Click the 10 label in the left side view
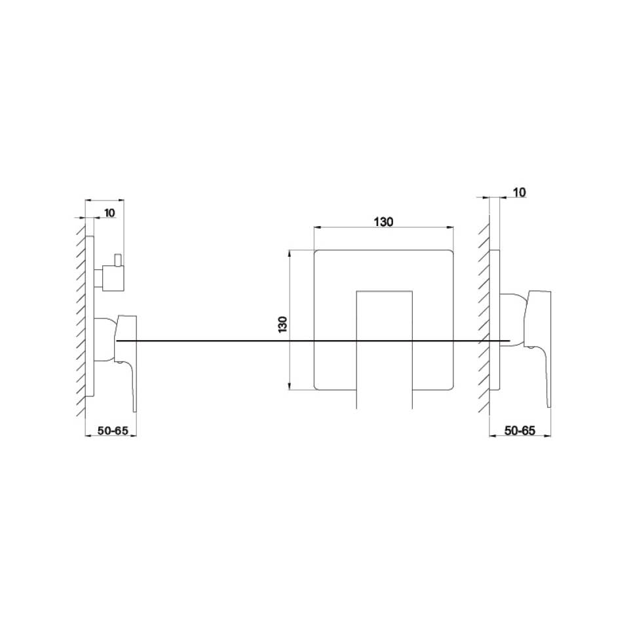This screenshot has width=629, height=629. [x=109, y=213]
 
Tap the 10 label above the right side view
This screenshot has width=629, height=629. [x=519, y=193]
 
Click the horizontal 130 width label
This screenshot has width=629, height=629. [x=383, y=222]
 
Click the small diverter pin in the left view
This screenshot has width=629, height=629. [x=119, y=260]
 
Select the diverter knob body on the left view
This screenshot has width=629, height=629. [x=109, y=277]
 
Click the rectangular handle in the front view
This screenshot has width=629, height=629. [x=384, y=347]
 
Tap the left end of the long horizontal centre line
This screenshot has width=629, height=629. [x=117, y=341]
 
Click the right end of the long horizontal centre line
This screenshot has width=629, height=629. [x=509, y=341]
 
